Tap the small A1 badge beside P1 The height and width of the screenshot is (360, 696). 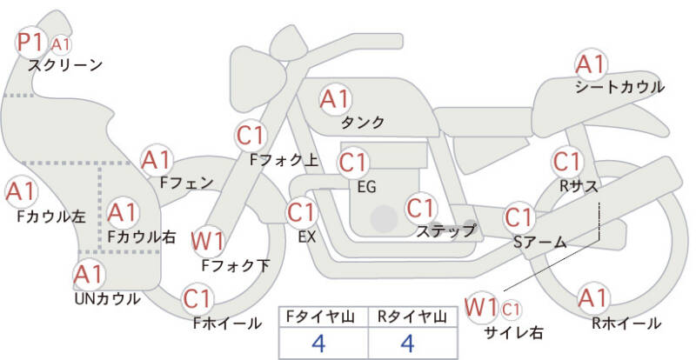click(61, 44)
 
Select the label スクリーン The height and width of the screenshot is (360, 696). click(65, 64)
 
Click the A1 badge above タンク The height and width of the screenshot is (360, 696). click(335, 99)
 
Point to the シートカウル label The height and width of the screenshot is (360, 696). click(619, 87)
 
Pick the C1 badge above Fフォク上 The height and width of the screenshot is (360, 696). click(251, 135)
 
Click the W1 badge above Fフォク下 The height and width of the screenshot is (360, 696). click(208, 239)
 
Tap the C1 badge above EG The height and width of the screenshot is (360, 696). click(353, 162)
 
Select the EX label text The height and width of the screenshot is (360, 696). click(306, 235)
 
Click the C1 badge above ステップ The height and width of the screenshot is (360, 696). click(421, 208)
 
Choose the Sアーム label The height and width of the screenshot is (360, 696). click(539, 243)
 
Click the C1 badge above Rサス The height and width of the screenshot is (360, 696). click(567, 161)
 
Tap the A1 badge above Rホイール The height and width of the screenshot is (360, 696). click(593, 298)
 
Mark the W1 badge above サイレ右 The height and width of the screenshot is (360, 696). click(481, 307)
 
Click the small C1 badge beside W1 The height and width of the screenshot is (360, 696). click(512, 308)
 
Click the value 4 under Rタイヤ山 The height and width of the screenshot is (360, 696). click(407, 343)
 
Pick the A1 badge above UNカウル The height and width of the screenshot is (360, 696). click(88, 276)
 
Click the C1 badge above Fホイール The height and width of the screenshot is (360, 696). click(197, 298)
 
